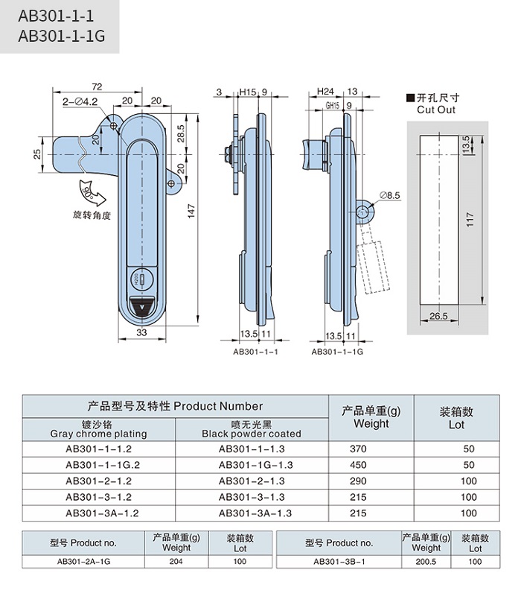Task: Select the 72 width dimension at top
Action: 96,86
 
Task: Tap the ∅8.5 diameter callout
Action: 390,195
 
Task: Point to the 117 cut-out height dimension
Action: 470,220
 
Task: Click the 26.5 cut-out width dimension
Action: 438,317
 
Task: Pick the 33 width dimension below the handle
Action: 141,332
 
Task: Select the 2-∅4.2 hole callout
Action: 80,101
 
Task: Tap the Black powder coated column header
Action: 252,428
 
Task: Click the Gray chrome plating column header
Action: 98,428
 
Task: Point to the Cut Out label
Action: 436,110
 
